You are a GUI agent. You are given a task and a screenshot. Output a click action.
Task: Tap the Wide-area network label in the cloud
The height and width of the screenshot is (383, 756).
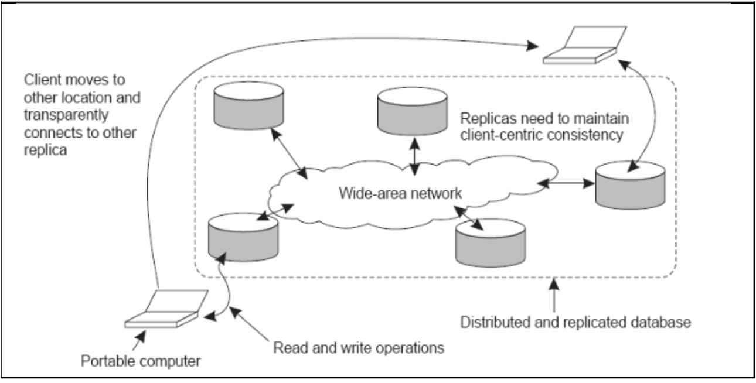coord(400,193)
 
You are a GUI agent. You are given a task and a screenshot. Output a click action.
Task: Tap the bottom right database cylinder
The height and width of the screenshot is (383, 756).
coord(490,241)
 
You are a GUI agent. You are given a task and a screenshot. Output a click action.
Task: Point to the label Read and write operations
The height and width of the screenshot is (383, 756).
coord(359,348)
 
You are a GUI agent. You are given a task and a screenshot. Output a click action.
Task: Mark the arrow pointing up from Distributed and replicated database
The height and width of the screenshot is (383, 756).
coord(554,296)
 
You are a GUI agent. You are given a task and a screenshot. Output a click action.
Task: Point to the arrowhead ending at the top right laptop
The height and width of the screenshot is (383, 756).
coord(532,45)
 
